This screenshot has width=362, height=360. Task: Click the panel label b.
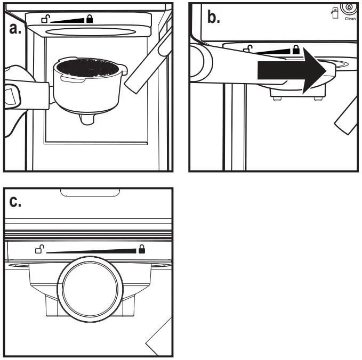(x=213, y=18)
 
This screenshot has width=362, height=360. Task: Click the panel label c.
(x=18, y=202)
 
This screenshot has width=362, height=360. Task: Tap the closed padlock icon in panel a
(x=89, y=19)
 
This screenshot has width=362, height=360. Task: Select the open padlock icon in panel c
(x=39, y=248)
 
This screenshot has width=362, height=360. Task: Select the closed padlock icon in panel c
(x=142, y=248)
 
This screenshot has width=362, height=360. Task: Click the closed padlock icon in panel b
(x=295, y=50)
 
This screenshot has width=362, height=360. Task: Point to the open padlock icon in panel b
(x=248, y=50)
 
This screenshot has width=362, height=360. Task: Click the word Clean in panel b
(x=350, y=18)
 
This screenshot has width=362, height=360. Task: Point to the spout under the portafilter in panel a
(x=87, y=120)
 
